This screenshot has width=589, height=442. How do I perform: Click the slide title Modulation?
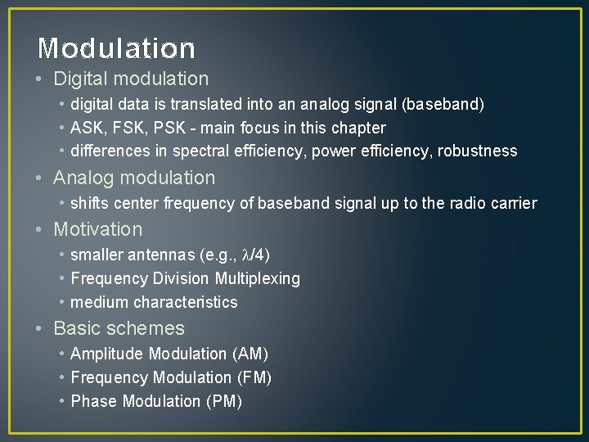(x=116, y=49)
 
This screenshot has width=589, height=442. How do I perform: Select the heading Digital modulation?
(x=131, y=79)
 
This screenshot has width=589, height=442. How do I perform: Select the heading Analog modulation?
(x=134, y=178)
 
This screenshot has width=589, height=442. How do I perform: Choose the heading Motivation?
(x=97, y=229)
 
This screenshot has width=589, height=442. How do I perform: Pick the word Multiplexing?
(x=257, y=279)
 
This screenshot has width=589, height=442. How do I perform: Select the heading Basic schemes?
(x=119, y=328)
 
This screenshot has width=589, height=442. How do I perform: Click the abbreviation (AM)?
(x=250, y=354)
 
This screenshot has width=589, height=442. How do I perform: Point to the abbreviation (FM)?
(x=254, y=378)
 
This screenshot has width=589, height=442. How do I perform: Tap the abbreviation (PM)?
(x=223, y=402)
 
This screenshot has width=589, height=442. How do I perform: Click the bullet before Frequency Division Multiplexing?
(x=62, y=279)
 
